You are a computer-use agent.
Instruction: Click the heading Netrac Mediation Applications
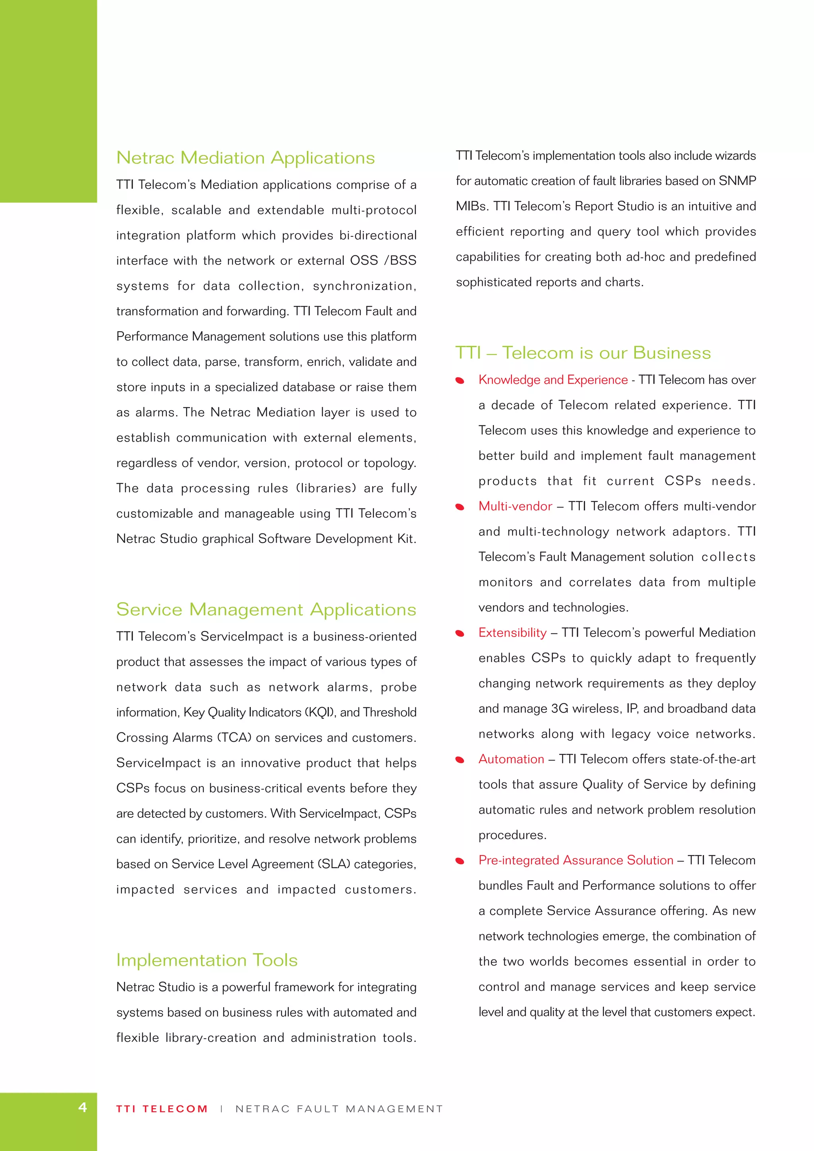coord(245,158)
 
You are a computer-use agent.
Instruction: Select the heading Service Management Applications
coord(266,610)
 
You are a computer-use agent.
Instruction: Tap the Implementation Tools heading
coord(207,960)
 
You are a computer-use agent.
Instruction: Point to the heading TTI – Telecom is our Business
coord(583,353)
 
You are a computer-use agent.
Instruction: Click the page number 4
coord(83,1107)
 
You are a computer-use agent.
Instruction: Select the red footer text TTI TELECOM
coord(161,1109)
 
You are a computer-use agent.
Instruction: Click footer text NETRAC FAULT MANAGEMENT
coord(339,1109)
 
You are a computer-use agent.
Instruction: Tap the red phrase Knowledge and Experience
coord(553,380)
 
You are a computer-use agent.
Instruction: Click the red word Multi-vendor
coord(515,506)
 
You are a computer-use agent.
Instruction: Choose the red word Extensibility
coord(512,633)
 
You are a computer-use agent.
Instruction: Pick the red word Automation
coord(511,759)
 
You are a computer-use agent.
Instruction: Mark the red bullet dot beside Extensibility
coord(459,633)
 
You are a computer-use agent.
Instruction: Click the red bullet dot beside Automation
coord(459,760)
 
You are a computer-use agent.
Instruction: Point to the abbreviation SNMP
coord(737,181)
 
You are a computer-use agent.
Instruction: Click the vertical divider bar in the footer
coord(221,1109)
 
